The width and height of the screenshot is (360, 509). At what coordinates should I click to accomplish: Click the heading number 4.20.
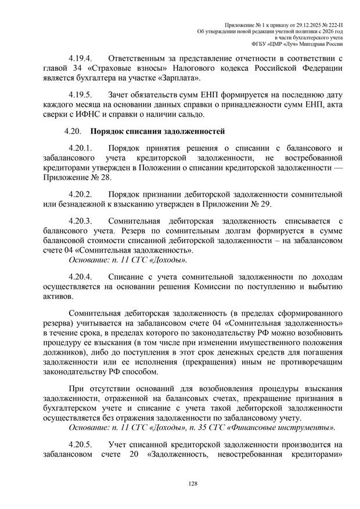tap(75, 131)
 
